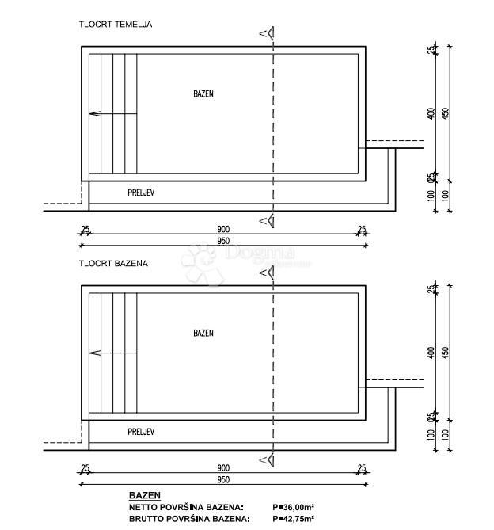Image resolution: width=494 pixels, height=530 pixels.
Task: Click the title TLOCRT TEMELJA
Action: click(x=116, y=24)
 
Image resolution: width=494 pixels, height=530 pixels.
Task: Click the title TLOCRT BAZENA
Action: click(x=113, y=263)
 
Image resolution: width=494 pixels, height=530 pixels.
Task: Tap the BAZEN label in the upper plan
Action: click(x=203, y=93)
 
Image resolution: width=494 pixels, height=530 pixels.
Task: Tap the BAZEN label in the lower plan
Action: click(x=203, y=334)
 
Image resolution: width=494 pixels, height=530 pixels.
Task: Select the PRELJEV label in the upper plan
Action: click(x=141, y=193)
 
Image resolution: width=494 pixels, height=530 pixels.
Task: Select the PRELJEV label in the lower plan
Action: click(x=141, y=432)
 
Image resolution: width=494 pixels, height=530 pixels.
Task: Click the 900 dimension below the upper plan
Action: click(x=223, y=230)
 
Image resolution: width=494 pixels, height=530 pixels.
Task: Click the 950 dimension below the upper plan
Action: click(x=223, y=241)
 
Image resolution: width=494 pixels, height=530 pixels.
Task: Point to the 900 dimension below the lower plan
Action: click(x=223, y=469)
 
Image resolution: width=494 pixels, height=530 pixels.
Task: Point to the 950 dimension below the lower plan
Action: click(x=223, y=480)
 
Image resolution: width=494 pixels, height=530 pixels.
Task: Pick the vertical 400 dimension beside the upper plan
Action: click(x=431, y=113)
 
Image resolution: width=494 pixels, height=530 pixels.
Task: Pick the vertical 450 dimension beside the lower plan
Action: click(x=445, y=353)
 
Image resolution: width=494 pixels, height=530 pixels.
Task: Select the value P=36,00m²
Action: click(x=294, y=507)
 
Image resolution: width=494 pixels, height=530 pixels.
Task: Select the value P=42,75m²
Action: click(x=294, y=519)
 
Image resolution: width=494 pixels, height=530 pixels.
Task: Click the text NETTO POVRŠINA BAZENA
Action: click(x=186, y=507)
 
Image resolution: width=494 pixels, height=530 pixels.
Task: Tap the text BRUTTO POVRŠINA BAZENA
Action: click(x=189, y=519)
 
